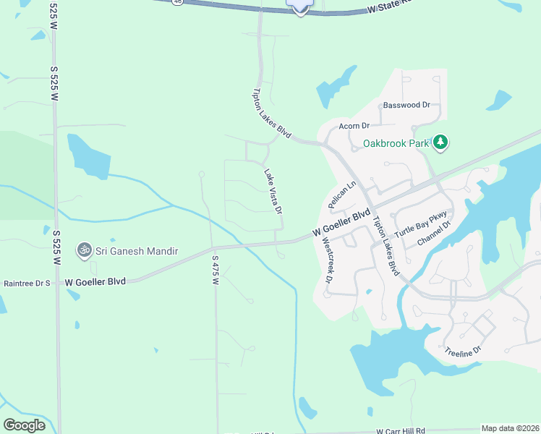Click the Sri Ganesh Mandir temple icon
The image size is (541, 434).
point(85,250)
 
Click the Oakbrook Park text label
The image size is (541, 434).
point(396,143)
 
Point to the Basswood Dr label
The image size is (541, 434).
point(407,105)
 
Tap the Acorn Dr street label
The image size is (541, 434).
point(354,125)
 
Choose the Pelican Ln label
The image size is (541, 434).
point(343,195)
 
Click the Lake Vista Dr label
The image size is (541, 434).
point(273,192)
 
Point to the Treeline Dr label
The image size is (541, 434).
point(463,350)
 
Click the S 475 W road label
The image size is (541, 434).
point(215,270)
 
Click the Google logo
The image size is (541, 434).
point(24,425)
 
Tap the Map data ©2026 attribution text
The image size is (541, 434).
point(511,428)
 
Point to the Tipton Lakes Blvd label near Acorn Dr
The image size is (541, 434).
point(271,114)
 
